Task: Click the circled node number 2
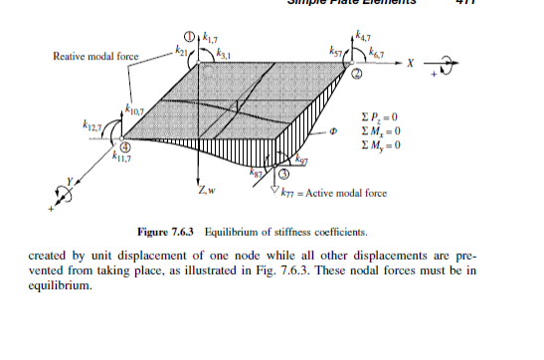click(x=355, y=76)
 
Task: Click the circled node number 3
click(x=283, y=176)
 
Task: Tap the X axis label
click(x=408, y=63)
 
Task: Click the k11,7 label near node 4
click(x=118, y=156)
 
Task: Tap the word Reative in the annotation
click(x=71, y=56)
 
